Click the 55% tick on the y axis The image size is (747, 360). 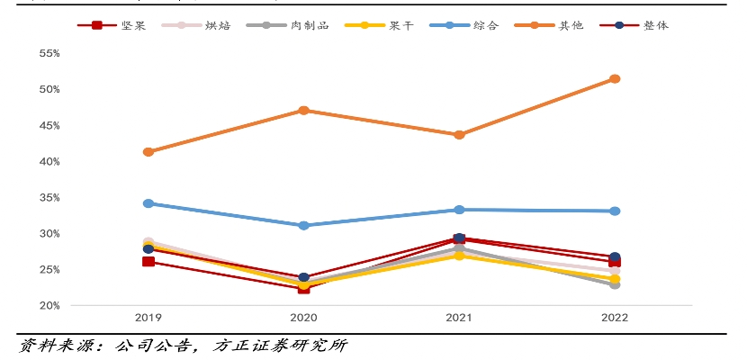49,53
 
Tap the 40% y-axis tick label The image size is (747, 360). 49,161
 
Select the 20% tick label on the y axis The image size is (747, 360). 49,305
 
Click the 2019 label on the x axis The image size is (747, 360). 148,318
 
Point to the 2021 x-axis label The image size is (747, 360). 459,318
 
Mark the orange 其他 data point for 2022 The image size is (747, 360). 615,78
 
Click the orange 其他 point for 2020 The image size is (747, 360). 303,110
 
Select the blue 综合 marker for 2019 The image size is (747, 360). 148,203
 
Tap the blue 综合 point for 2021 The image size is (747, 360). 459,210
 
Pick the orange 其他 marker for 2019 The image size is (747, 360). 148,151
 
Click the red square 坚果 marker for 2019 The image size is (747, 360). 148,262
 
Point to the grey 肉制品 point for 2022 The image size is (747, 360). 615,284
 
